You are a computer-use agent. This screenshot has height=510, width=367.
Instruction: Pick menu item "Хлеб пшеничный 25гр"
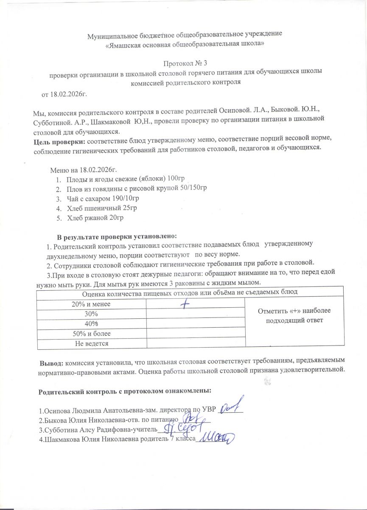coord(102,208)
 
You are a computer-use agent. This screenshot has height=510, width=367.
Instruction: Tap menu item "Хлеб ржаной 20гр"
coord(96,218)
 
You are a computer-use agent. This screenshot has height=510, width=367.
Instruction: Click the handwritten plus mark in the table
coord(184,304)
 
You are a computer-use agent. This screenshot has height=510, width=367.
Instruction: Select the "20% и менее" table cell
coord(91,304)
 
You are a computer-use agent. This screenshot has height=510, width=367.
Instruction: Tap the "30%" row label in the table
coord(91,314)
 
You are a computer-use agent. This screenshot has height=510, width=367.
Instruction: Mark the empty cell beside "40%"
coord(196,323)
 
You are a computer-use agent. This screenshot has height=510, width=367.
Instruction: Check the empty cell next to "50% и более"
coord(196,333)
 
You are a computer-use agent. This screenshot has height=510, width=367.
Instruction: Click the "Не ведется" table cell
coord(91,343)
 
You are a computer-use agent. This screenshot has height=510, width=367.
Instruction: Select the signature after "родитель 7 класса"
coord(216,438)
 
